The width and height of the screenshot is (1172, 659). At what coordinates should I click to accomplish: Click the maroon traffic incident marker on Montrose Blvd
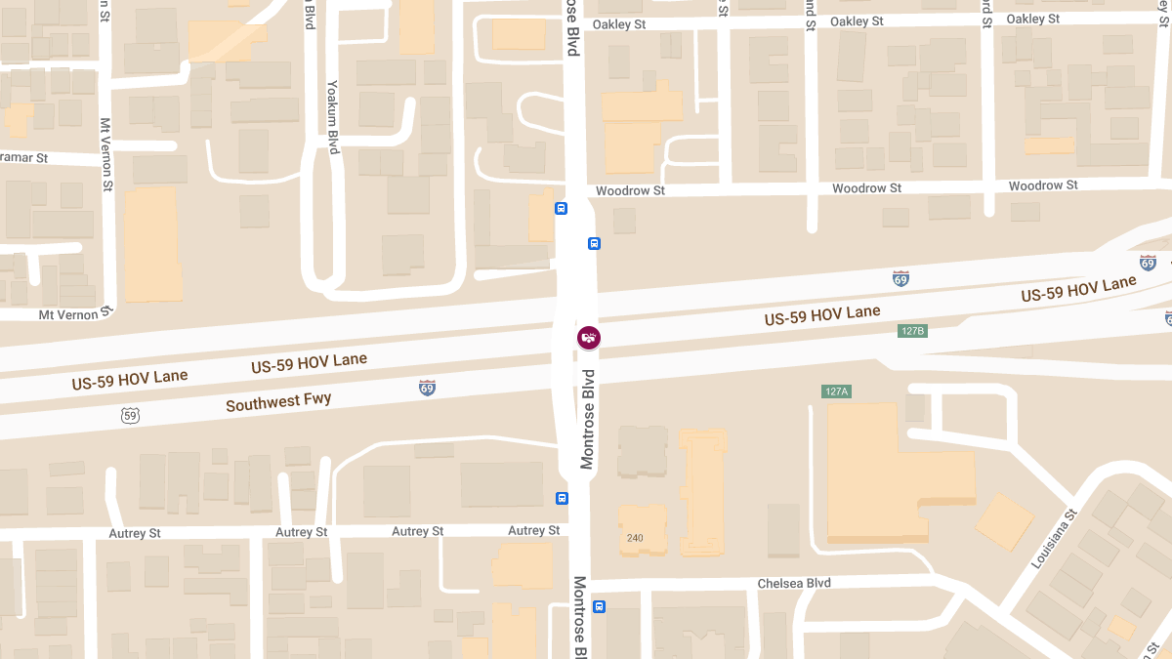pos(588,338)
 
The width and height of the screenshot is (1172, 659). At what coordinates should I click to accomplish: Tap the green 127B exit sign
pos(911,331)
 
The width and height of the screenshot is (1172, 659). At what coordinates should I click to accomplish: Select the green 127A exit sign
pos(837,391)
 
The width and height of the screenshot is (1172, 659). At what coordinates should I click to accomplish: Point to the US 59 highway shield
pos(131,416)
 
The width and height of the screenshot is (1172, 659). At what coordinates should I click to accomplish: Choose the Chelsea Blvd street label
pos(794,583)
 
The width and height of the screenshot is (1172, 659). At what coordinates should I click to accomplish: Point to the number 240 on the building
pos(635,538)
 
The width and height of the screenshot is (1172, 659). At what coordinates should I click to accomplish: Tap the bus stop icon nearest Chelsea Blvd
pos(599,606)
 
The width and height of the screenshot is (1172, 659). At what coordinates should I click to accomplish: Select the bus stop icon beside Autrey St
pos(562,498)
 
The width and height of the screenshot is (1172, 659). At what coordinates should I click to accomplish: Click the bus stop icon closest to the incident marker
pos(594,243)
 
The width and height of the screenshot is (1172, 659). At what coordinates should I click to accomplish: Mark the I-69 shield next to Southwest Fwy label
pos(427,388)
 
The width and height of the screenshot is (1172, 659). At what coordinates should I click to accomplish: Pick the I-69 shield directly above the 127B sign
pos(900,278)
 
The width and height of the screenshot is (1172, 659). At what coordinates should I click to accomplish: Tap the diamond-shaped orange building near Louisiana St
pos(1004,521)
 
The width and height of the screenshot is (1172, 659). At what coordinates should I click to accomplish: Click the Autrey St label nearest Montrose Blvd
pos(534,530)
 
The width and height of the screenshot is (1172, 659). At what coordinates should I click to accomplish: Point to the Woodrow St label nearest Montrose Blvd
pos(630,190)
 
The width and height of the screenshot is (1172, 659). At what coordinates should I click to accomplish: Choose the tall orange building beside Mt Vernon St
pos(152,244)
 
